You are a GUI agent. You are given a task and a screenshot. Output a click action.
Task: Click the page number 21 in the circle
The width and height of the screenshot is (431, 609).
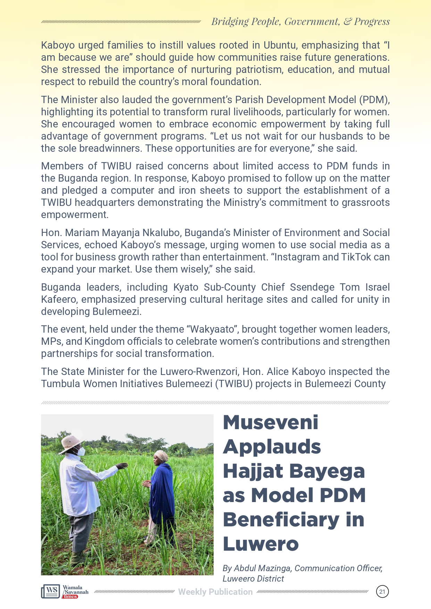coord(382,592)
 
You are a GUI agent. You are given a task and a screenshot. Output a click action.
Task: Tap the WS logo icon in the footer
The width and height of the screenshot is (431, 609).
coord(51,591)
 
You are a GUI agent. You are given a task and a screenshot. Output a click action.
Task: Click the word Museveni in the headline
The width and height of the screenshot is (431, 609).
coord(271,423)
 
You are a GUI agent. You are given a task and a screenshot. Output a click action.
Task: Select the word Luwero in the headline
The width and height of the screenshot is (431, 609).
coord(260,544)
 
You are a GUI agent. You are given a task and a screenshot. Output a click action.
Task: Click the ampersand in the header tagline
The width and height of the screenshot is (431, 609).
coord(347,22)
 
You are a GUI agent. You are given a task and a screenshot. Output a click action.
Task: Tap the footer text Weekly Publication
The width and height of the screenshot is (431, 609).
coord(215,592)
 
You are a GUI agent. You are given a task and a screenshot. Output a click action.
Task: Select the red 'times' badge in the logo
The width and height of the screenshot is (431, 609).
coord(70,597)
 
